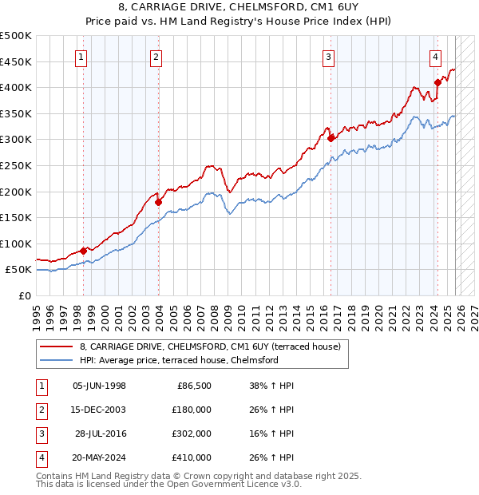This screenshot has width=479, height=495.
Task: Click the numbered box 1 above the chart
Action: click(x=82, y=57)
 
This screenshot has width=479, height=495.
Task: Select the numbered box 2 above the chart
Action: click(x=156, y=57)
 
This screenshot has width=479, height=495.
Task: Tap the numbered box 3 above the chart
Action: click(x=328, y=57)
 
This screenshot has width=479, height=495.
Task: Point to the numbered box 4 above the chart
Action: click(x=435, y=57)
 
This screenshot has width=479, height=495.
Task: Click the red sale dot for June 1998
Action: click(x=83, y=251)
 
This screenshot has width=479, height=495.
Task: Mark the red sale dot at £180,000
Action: click(x=158, y=202)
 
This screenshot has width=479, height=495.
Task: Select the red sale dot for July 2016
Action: click(x=331, y=138)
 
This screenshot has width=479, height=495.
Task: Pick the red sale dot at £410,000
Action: click(x=437, y=82)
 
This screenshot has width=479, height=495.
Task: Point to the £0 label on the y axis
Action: click(x=24, y=295)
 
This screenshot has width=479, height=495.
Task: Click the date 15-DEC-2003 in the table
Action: click(x=99, y=410)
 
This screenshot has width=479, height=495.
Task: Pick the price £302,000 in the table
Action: click(x=192, y=434)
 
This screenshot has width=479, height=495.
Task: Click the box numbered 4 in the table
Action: click(x=40, y=457)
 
